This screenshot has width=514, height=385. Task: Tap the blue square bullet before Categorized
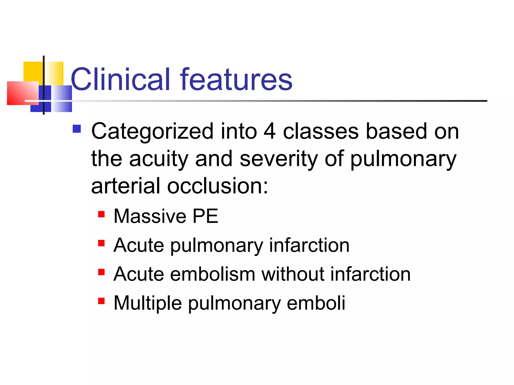pyautogui.click(x=77, y=129)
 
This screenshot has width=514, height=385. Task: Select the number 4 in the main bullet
pyautogui.click(x=270, y=131)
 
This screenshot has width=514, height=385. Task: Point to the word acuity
pyautogui.click(x=159, y=159)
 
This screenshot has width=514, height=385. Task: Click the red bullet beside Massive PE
pyautogui.click(x=101, y=214)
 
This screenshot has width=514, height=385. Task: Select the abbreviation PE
pyautogui.click(x=205, y=216)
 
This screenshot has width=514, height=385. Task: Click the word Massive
pyautogui.click(x=150, y=216)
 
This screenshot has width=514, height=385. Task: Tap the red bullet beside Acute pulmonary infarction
pyautogui.click(x=101, y=243)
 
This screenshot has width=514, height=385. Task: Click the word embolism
pyautogui.click(x=213, y=274)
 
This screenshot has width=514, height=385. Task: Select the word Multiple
pyautogui.click(x=148, y=303)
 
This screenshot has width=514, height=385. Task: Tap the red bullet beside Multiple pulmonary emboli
pyautogui.click(x=101, y=301)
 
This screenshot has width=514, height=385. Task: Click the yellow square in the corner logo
pyautogui.click(x=33, y=71)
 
